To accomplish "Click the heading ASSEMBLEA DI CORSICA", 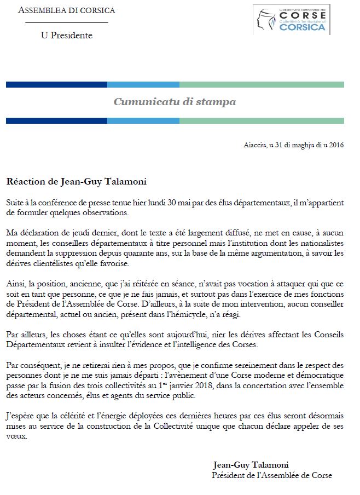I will point(67,10).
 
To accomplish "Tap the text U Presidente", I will point(67,36).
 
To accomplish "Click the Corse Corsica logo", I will point(292,19).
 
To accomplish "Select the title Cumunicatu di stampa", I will point(175,102).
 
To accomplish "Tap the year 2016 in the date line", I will point(334,145).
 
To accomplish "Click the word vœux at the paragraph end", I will point(16,438).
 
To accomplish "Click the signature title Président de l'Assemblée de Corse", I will point(272,475).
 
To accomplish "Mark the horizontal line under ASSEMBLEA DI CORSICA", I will point(67,22).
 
